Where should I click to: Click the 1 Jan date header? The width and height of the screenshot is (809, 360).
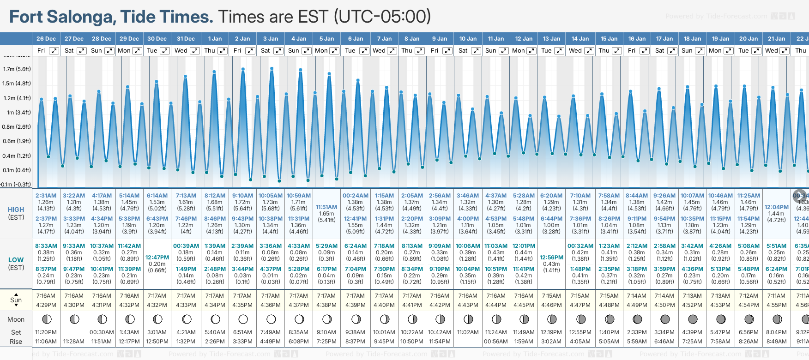point(215,39)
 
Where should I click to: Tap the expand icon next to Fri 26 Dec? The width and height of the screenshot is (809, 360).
point(54,51)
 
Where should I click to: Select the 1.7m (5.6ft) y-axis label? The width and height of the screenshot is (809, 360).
point(17,69)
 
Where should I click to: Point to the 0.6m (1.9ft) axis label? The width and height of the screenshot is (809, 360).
point(17,141)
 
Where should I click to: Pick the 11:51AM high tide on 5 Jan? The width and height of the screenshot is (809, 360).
point(326,207)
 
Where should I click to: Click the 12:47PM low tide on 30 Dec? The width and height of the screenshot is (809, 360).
point(157,258)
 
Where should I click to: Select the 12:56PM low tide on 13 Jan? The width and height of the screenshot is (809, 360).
point(551,258)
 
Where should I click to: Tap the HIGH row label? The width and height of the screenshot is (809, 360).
point(16,210)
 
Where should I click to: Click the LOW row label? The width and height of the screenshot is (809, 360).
point(16,260)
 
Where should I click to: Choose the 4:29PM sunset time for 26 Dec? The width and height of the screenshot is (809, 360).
point(46,305)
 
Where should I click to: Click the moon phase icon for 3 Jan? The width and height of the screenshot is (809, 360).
point(271,319)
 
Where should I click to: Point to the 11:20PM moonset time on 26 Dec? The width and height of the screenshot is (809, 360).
point(46,332)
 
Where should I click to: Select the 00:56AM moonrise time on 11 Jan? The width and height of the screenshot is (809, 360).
point(495,342)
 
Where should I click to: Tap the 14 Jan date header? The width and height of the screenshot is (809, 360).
point(580,39)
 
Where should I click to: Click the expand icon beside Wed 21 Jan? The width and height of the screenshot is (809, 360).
point(784,51)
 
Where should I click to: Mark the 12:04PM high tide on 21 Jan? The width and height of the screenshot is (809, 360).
point(776,207)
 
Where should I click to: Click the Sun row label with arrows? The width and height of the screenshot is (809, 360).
point(16,300)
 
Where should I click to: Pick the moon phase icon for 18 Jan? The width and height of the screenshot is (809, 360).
point(693,319)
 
